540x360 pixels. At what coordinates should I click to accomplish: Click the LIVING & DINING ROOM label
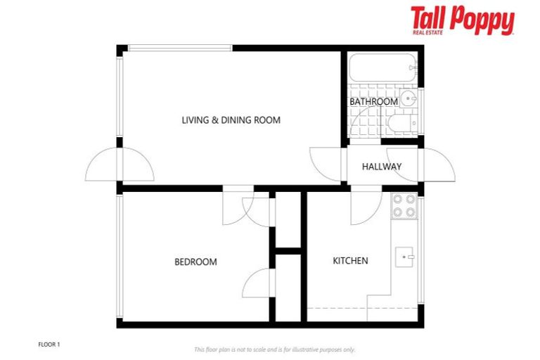pos(231,120)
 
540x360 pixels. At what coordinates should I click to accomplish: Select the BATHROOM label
pos(373,101)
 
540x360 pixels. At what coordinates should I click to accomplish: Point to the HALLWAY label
pos(381,167)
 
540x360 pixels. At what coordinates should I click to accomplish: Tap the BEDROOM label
pos(195,262)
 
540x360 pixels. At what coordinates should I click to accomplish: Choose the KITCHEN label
pos(350,261)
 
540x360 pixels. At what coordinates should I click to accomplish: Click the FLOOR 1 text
pos(49,345)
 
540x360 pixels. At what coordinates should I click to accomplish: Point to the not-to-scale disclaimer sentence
pos(274,349)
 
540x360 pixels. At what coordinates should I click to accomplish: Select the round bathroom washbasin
pos(409,99)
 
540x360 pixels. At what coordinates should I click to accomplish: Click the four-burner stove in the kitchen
pos(404,205)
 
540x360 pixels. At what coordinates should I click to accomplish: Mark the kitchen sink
pos(404,257)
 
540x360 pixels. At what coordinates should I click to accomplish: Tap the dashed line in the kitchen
pos(337,309)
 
